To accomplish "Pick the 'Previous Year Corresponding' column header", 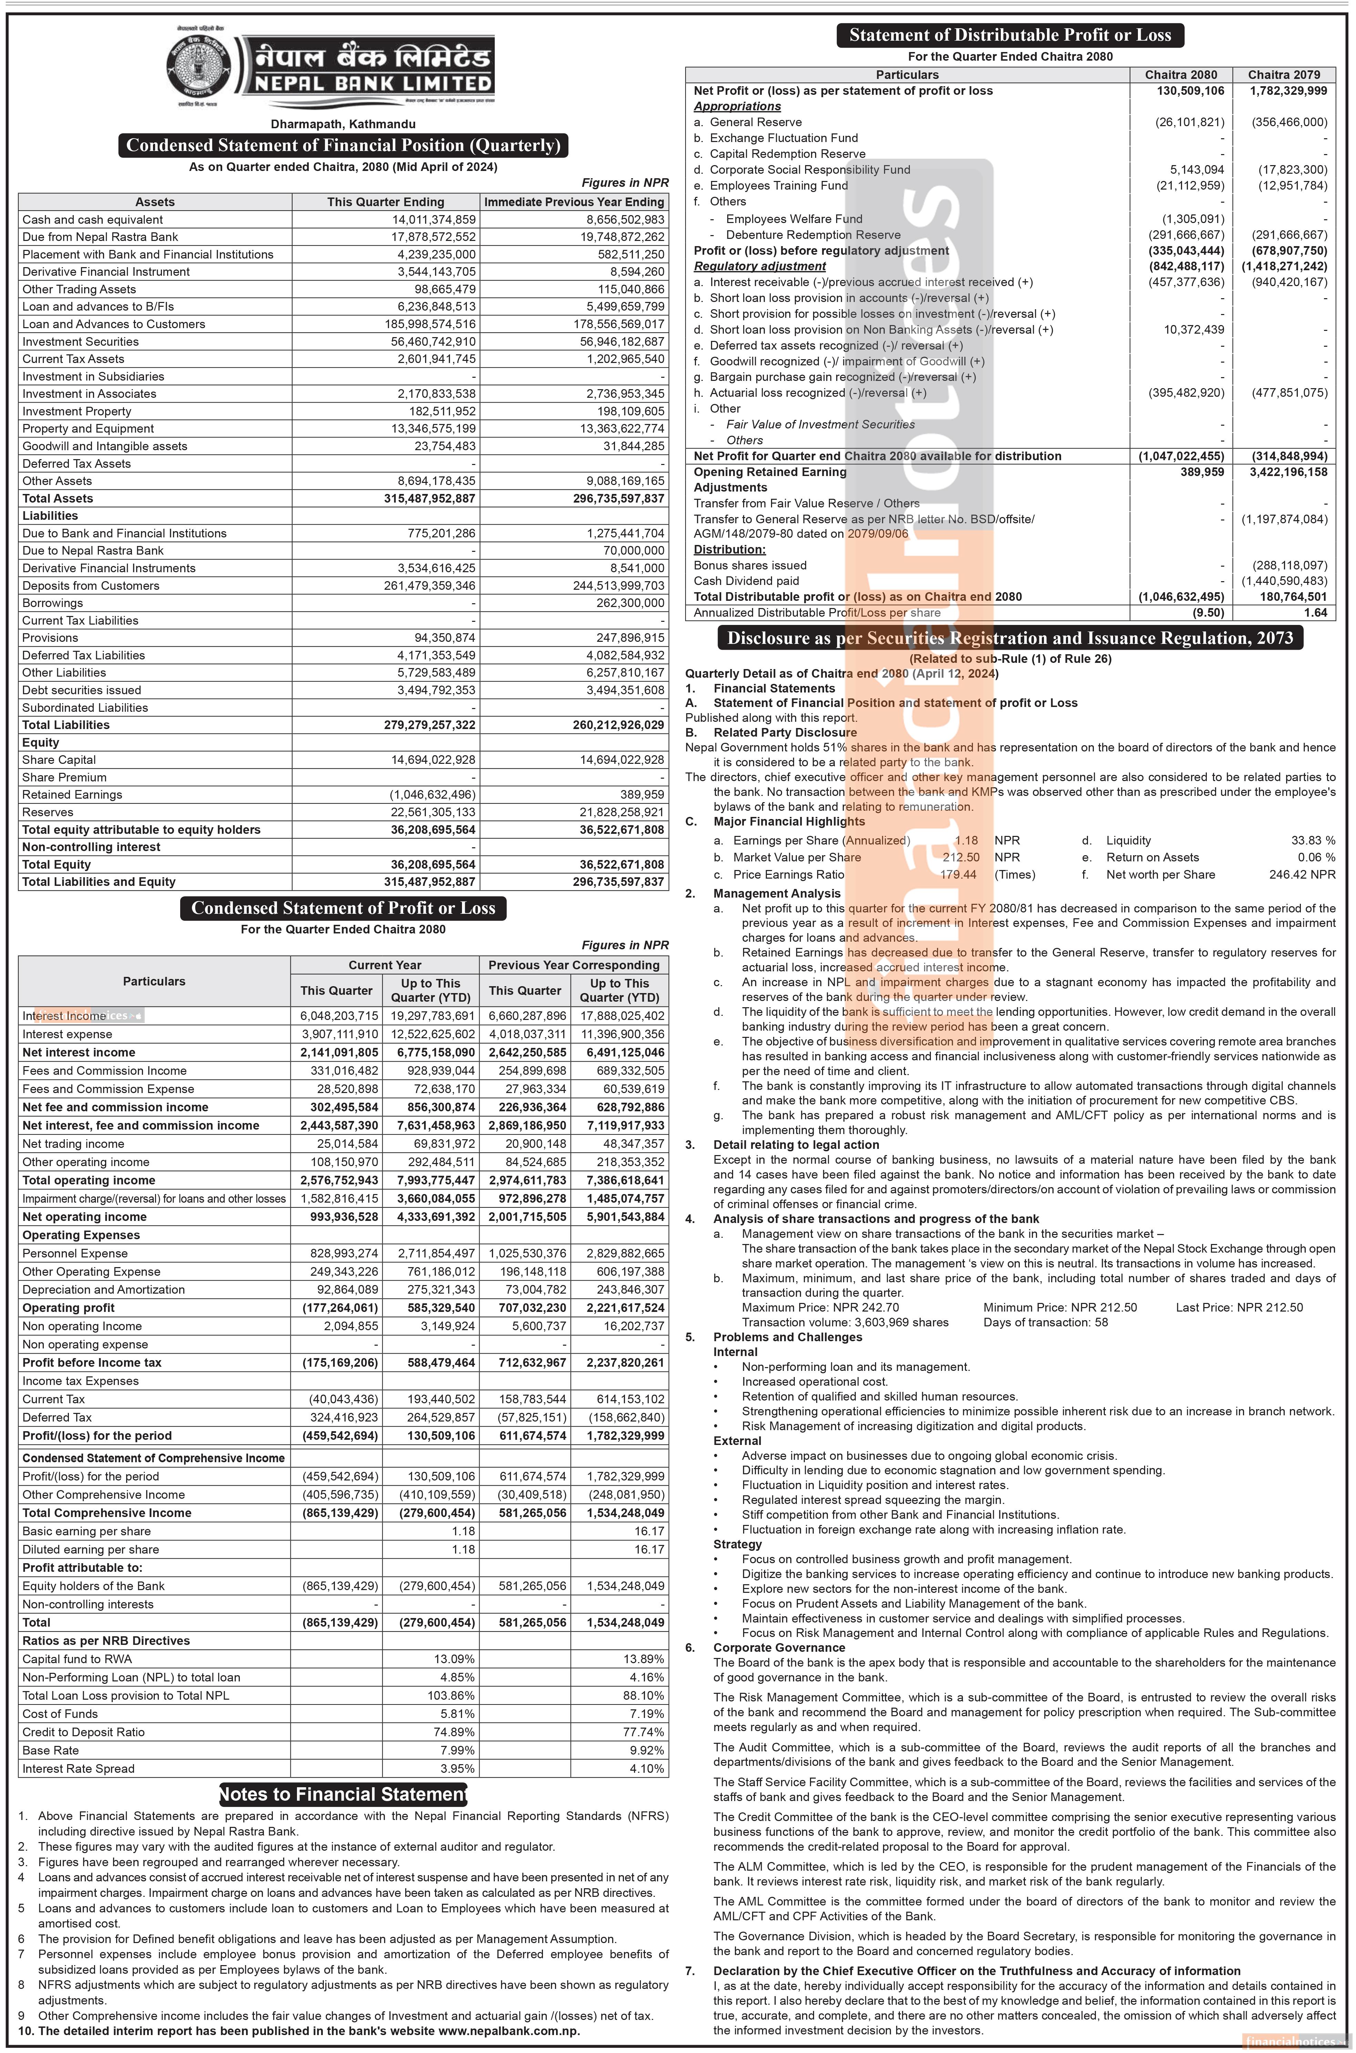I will coord(573,965).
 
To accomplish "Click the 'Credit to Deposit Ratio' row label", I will coord(84,1732).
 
